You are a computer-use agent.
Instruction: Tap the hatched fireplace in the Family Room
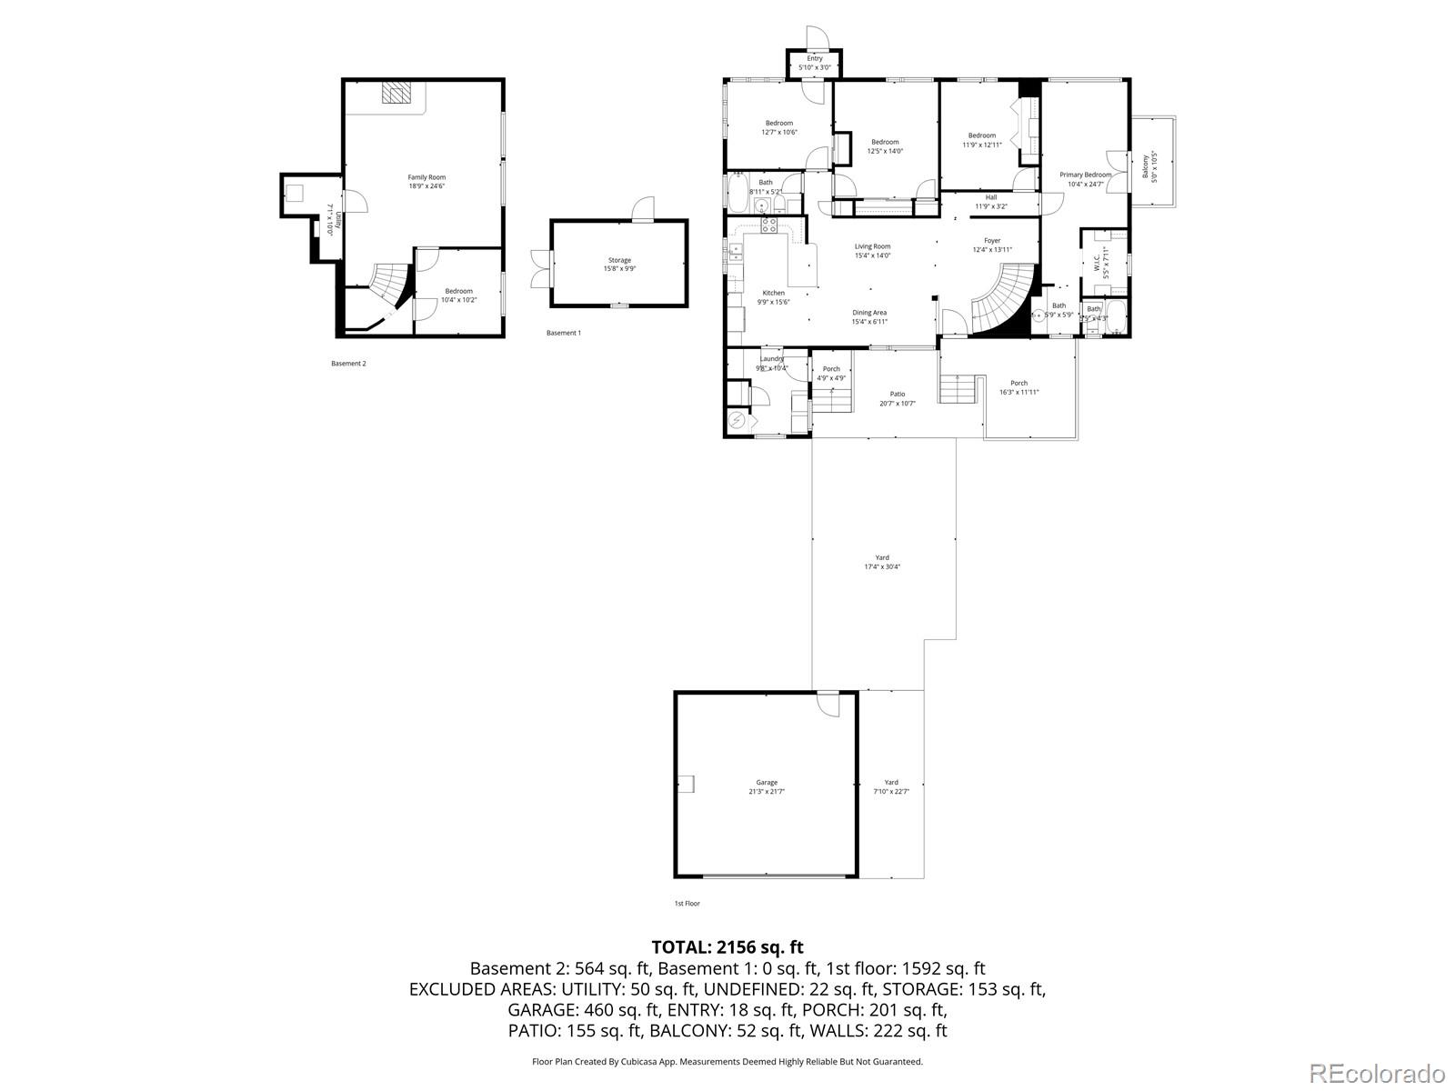(396, 93)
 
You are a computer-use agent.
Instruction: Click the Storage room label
(619, 265)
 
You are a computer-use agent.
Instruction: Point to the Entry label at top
(814, 63)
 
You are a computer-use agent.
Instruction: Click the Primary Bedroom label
(1085, 179)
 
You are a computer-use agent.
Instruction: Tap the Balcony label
(1149, 167)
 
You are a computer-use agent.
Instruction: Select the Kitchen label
(773, 297)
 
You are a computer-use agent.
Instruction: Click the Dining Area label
(868, 316)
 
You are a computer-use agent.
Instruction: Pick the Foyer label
(992, 245)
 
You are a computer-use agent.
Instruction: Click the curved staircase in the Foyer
(1005, 300)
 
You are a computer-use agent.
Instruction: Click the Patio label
(897, 398)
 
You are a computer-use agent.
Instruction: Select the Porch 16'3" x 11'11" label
(1018, 387)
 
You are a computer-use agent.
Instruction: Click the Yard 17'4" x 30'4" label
(882, 562)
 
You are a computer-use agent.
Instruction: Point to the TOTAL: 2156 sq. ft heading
(727, 947)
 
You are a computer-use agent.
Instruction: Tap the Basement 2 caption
(348, 364)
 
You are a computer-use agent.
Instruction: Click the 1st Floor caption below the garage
(687, 904)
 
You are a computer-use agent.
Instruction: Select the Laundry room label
(771, 364)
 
